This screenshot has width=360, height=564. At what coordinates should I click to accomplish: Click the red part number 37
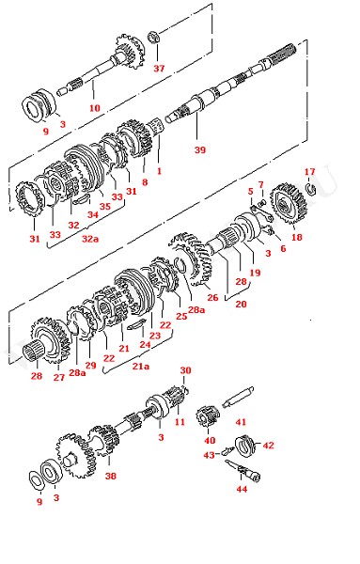click(x=159, y=69)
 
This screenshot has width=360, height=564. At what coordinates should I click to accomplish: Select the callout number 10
click(x=94, y=107)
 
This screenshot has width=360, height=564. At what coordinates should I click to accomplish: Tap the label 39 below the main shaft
click(x=200, y=149)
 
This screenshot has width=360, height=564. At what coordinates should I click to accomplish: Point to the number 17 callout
click(x=309, y=172)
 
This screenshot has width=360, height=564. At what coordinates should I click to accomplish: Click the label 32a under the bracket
click(x=90, y=239)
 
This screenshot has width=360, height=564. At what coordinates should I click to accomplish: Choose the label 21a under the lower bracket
click(x=141, y=367)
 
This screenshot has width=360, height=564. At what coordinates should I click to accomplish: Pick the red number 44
click(x=242, y=489)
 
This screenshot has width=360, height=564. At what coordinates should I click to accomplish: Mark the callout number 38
click(x=110, y=476)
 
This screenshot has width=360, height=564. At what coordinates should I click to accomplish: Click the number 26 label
click(x=212, y=297)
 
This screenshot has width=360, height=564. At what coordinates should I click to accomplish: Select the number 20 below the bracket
click(x=241, y=305)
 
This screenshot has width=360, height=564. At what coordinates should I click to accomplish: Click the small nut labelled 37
click(x=153, y=37)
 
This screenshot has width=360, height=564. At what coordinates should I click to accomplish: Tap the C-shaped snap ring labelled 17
click(x=311, y=189)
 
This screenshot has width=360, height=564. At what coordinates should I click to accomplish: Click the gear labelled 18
click(x=288, y=204)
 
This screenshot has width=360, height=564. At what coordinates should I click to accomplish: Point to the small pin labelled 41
click(x=238, y=397)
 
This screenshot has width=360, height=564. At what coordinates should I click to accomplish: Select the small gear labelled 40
click(x=208, y=416)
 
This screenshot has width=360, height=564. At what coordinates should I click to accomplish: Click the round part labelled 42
click(x=244, y=446)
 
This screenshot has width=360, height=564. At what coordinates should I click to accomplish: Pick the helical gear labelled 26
click(x=191, y=258)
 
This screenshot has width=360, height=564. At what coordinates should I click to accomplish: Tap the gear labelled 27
click(x=51, y=340)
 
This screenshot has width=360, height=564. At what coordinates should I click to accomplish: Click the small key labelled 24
click(x=135, y=324)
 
